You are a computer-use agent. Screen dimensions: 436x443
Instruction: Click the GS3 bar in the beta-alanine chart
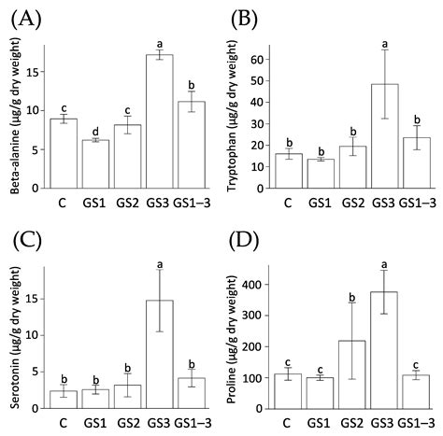tap(162, 121)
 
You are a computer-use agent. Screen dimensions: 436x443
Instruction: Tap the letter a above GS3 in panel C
tap(162, 264)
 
